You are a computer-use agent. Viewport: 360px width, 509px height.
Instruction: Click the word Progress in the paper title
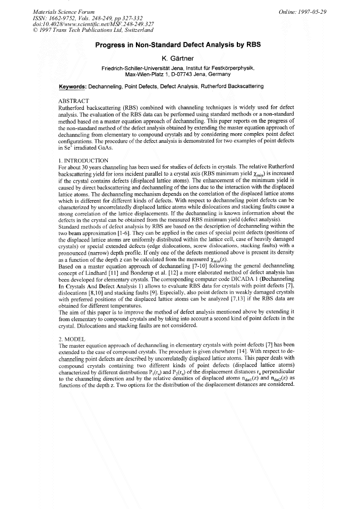coord(112,46)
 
